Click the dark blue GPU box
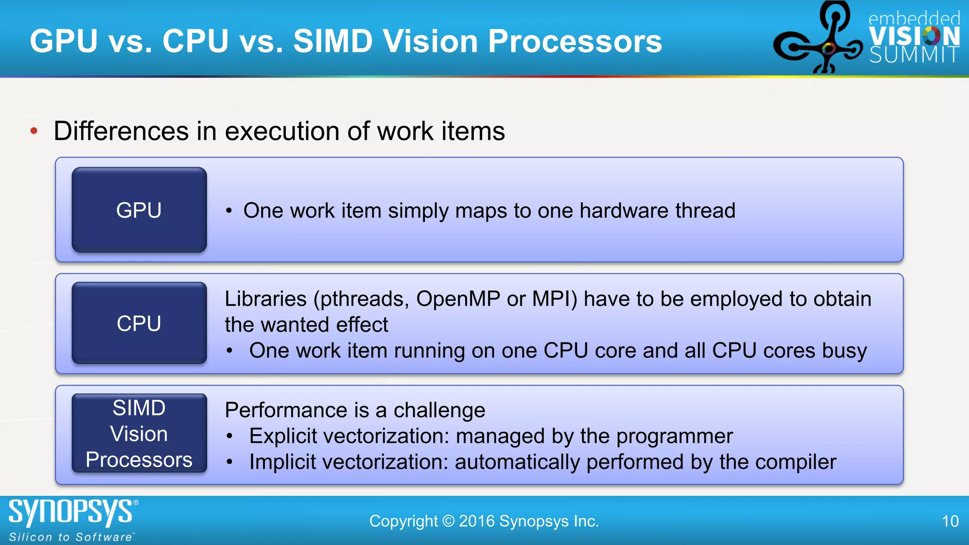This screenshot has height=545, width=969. pyautogui.click(x=139, y=210)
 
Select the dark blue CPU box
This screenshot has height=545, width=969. pyautogui.click(x=139, y=323)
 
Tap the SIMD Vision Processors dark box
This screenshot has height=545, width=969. pyautogui.click(x=139, y=433)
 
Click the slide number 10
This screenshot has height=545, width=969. pyautogui.click(x=950, y=521)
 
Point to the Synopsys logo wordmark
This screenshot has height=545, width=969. pyautogui.click(x=71, y=512)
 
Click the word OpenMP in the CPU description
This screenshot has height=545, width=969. pyautogui.click(x=458, y=299)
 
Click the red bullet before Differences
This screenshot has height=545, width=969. pyautogui.click(x=34, y=131)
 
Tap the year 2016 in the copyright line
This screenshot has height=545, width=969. pyautogui.click(x=476, y=521)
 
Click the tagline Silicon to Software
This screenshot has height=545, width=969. pyautogui.click(x=71, y=537)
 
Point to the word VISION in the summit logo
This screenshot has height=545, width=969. pyautogui.click(x=914, y=36)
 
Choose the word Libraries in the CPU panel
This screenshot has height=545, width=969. pyautogui.click(x=266, y=299)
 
